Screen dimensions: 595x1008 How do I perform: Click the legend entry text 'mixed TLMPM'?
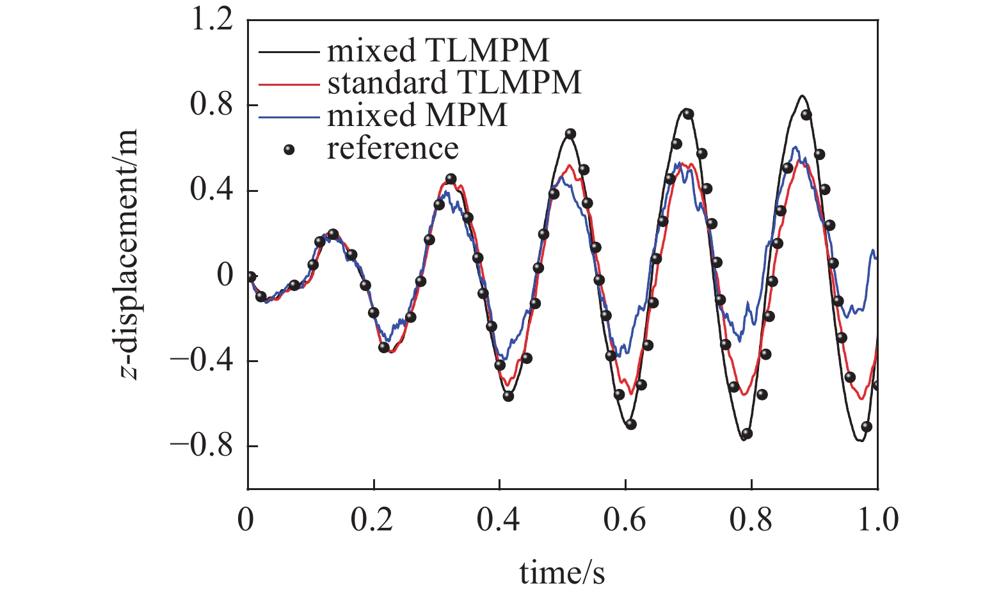tap(438, 50)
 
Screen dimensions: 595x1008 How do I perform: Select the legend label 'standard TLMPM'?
tap(454, 83)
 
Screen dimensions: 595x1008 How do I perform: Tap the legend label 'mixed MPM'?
tap(417, 115)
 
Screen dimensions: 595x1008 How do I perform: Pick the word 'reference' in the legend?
tap(392, 148)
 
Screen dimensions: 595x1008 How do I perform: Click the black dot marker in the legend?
tap(289, 149)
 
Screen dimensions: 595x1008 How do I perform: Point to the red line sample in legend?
tap(289, 83)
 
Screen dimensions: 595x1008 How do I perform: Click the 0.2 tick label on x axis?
tap(372, 520)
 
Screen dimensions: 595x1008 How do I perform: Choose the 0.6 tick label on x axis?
tap(625, 520)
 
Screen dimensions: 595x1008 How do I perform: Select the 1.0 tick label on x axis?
tap(877, 520)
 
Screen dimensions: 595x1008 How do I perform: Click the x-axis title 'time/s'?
tap(562, 573)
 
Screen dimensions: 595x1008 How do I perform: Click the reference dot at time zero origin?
tap(251, 276)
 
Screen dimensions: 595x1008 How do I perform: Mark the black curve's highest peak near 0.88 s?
tap(801, 96)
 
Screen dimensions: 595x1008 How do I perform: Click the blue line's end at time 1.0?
tap(876, 257)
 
